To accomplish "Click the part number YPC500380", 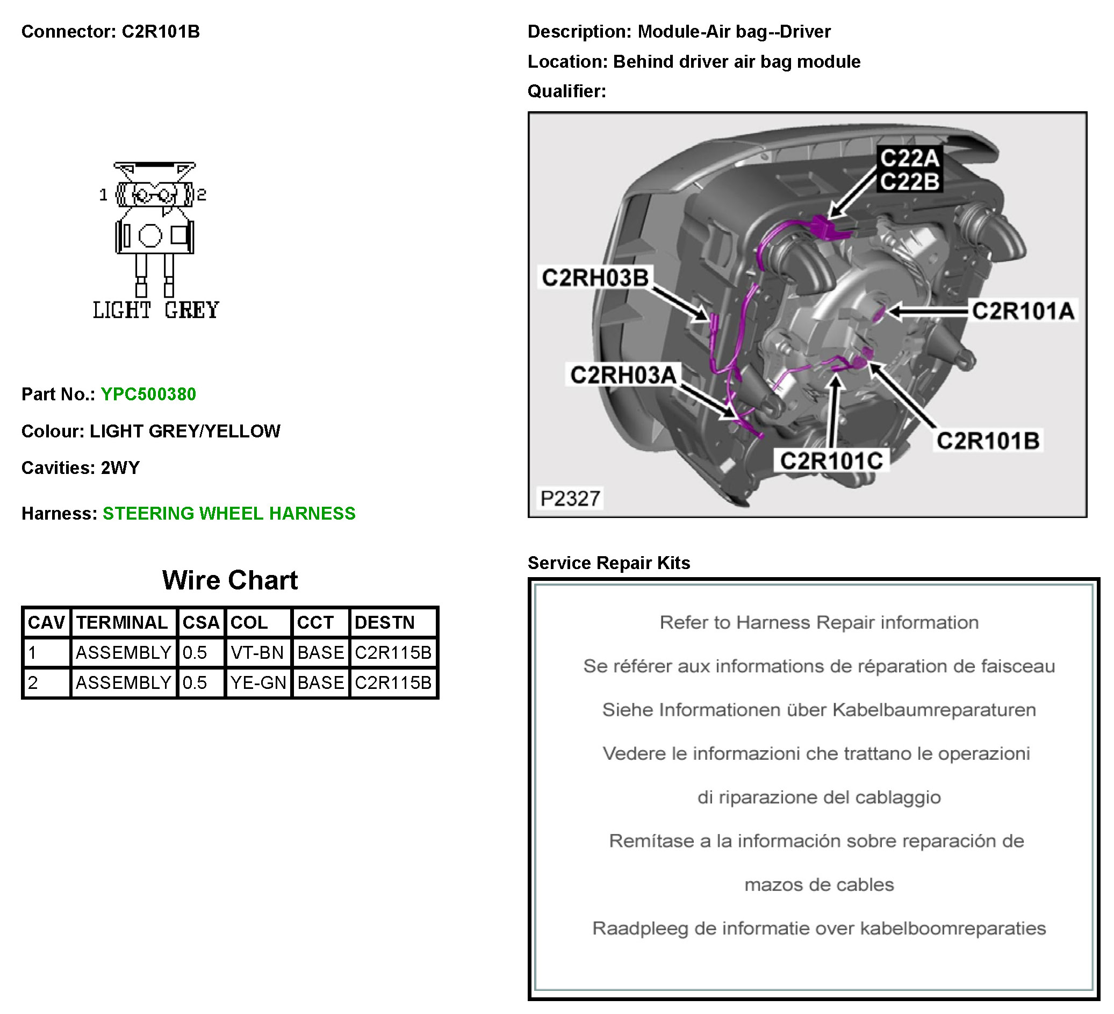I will (x=148, y=394).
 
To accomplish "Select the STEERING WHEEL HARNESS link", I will (x=229, y=513).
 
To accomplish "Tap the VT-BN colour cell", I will (x=257, y=652).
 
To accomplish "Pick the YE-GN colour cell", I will (x=258, y=682).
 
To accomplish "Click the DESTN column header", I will (x=384, y=622).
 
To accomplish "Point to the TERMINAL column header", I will (x=121, y=622).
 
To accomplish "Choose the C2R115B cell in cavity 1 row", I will (x=393, y=652).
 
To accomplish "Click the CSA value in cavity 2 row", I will (x=195, y=682).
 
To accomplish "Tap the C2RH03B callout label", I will (x=594, y=277).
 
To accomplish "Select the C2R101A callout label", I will (x=1023, y=311).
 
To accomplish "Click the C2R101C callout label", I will (x=831, y=461).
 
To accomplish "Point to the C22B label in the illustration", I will (x=910, y=181).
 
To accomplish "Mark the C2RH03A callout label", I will (x=623, y=375).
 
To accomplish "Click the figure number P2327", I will (x=570, y=499).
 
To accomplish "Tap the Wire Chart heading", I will (x=230, y=580).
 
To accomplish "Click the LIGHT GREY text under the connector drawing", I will (x=156, y=311).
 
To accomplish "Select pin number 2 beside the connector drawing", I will (x=202, y=195).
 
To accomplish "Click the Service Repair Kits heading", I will (x=608, y=563).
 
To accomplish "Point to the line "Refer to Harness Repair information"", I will (x=819, y=622).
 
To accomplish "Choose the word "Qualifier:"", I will (x=566, y=91).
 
